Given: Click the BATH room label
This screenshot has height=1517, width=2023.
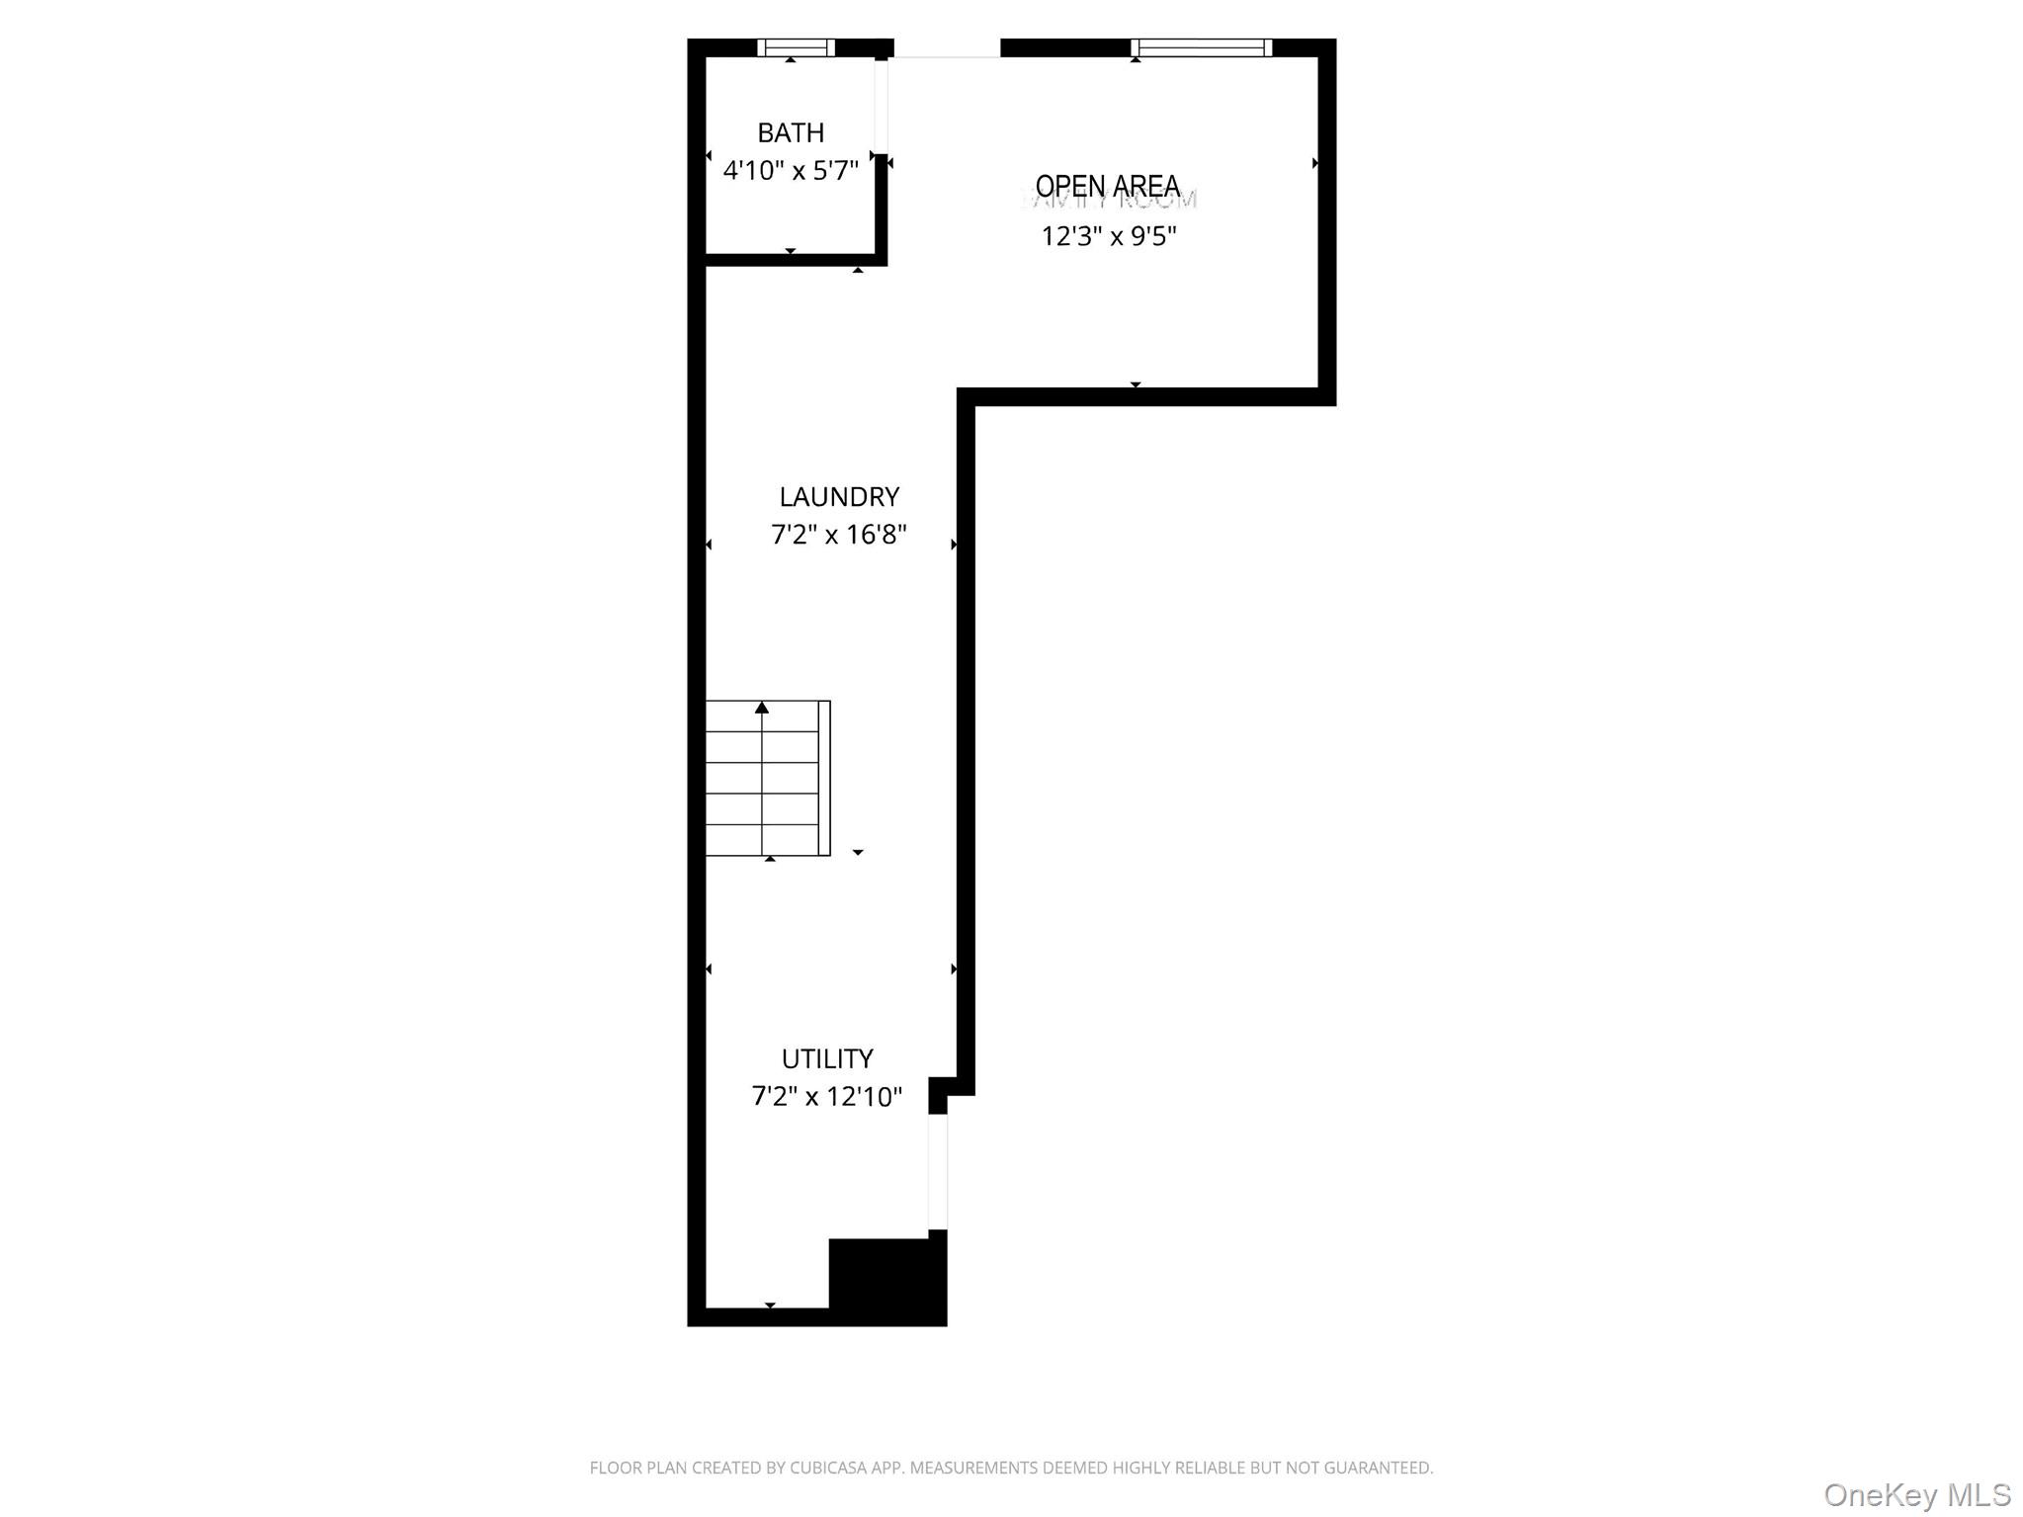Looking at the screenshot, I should tap(791, 132).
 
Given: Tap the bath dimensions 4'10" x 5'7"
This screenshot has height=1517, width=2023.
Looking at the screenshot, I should tap(791, 171).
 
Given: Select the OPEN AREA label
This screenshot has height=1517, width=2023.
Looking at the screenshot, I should tap(1108, 186).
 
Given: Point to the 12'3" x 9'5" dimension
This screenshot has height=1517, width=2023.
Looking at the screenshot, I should tap(1109, 236).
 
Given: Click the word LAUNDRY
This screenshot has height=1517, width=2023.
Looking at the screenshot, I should tap(839, 496).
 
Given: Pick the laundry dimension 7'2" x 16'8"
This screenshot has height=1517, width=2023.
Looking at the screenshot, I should tap(839, 535).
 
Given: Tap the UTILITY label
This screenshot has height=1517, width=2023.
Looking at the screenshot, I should tap(827, 1058).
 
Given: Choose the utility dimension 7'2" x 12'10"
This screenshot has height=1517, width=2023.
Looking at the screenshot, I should tap(827, 1097).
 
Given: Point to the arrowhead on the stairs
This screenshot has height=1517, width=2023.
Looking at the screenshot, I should tap(762, 708).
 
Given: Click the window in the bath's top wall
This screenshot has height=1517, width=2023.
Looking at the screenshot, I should tap(796, 47).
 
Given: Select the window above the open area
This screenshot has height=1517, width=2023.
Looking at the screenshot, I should tap(1201, 47).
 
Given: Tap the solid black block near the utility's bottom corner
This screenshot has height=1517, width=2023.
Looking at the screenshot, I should tap(886, 1280).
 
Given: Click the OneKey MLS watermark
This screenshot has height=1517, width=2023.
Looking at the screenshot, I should tap(1916, 1493).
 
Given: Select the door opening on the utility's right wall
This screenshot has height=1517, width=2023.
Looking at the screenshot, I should tap(938, 1172).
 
